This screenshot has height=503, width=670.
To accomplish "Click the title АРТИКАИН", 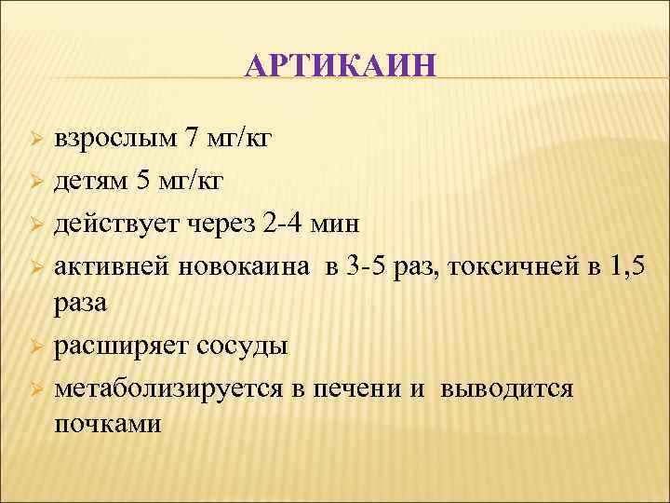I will [x=341, y=68].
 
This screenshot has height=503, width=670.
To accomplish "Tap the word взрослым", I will [x=114, y=139].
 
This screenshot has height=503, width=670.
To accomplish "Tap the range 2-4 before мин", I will [x=282, y=223].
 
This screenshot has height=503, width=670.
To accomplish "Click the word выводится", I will [x=507, y=388].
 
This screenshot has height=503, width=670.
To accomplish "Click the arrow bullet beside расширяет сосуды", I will [x=33, y=347].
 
